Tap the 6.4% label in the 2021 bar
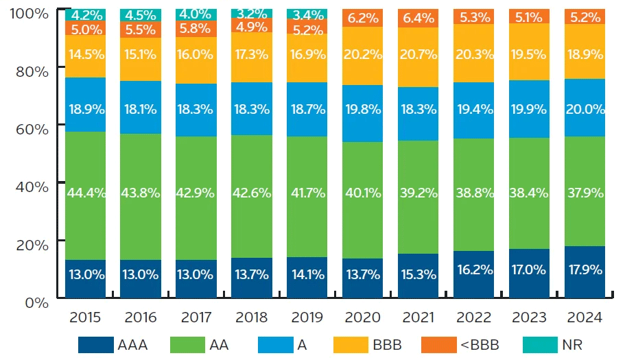tap(418, 18)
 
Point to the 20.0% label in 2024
tap(585, 108)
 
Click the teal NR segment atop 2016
tap(141, 15)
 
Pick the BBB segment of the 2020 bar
tap(362, 56)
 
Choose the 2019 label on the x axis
tap(307, 317)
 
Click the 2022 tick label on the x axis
tap(474, 317)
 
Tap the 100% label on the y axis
tap(27, 13)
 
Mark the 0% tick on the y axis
tap(36, 302)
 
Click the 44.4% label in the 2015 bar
tap(86, 193)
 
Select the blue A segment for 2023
tap(530, 109)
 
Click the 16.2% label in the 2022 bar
tap(474, 269)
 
